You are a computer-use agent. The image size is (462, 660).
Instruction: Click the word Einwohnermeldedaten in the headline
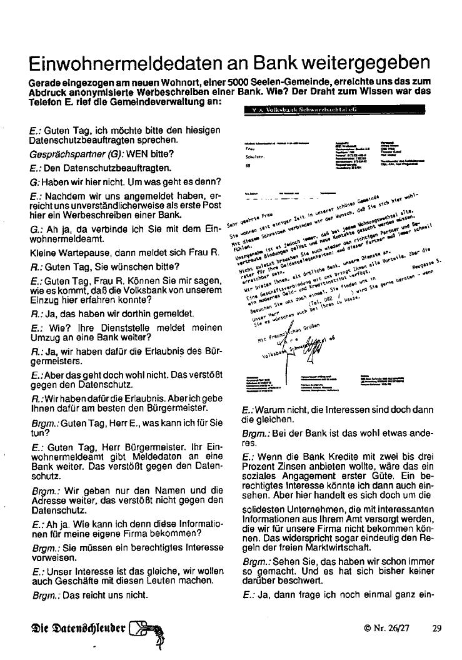(127, 64)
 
